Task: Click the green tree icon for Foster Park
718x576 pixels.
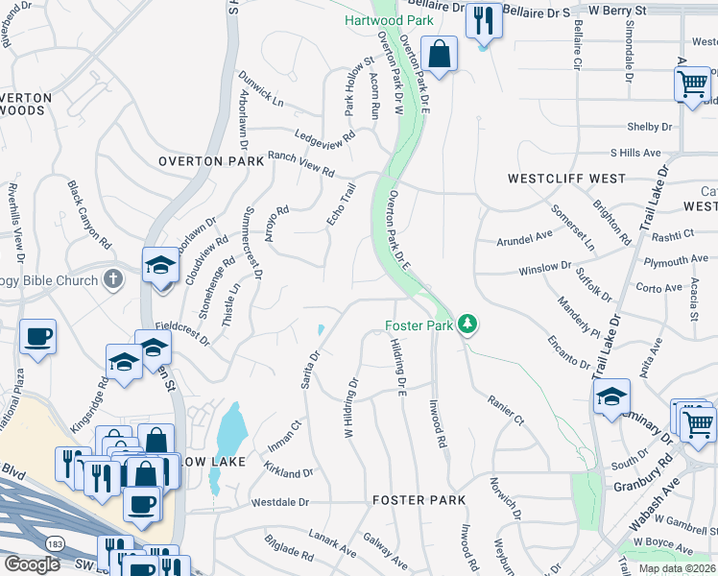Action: click(x=467, y=324)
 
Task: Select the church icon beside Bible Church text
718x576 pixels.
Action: click(x=113, y=279)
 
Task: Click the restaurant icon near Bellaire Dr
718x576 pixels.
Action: click(x=482, y=19)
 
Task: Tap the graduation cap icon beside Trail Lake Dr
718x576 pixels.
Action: click(x=611, y=396)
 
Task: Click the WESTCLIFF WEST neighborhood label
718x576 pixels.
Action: click(x=566, y=179)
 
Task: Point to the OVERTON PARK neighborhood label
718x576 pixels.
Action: click(x=211, y=162)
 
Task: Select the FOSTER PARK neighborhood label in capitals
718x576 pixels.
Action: click(x=419, y=500)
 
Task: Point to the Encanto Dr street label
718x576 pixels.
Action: click(x=570, y=350)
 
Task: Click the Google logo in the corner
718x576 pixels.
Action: click(x=32, y=564)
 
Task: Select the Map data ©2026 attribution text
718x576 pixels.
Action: click(x=677, y=568)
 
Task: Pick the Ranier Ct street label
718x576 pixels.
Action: click(x=505, y=410)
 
